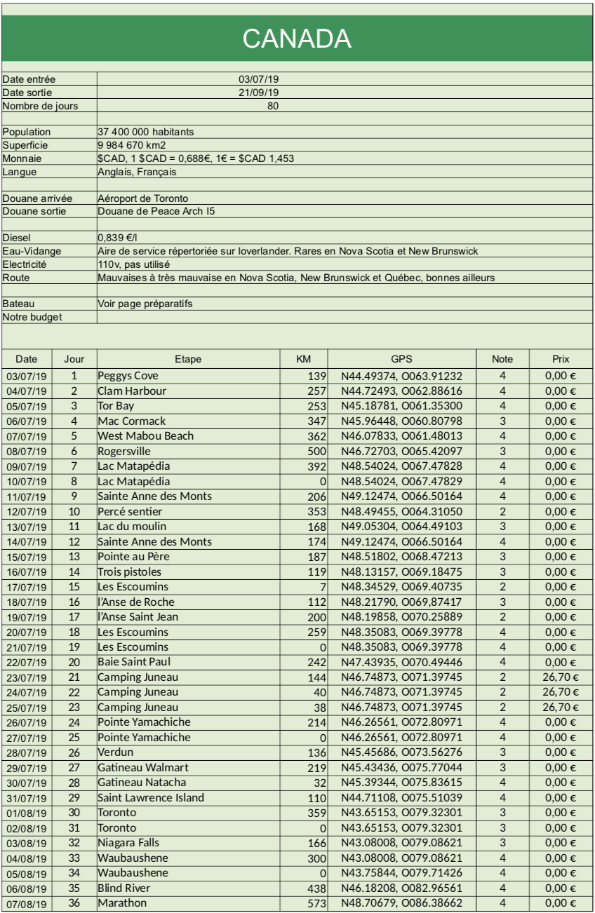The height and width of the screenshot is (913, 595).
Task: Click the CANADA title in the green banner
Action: [x=297, y=39]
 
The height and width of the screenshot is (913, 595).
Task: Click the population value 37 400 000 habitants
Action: [x=145, y=131]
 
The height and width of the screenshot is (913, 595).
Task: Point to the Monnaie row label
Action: [x=24, y=158]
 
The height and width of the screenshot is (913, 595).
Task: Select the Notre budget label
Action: [x=33, y=317]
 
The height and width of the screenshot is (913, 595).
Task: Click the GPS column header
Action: [x=401, y=359]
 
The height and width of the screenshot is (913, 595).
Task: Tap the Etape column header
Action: [x=188, y=359]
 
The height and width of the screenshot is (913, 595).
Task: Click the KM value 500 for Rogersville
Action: [x=317, y=450]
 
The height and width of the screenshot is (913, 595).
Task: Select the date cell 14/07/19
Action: [x=27, y=542]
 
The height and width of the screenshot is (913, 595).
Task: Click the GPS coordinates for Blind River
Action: [x=401, y=887]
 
